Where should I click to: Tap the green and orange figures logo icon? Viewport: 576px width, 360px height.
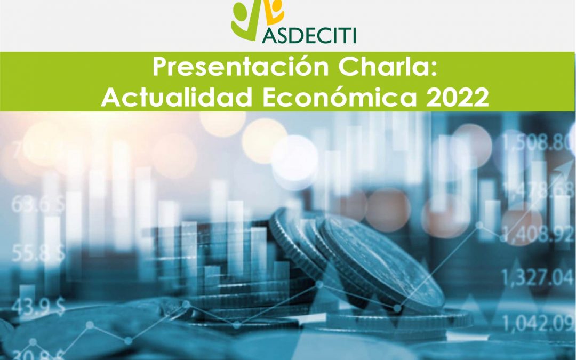[x=258, y=16]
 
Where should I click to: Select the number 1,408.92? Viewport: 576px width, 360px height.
[x=539, y=234]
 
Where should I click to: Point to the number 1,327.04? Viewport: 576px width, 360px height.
[x=539, y=278]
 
